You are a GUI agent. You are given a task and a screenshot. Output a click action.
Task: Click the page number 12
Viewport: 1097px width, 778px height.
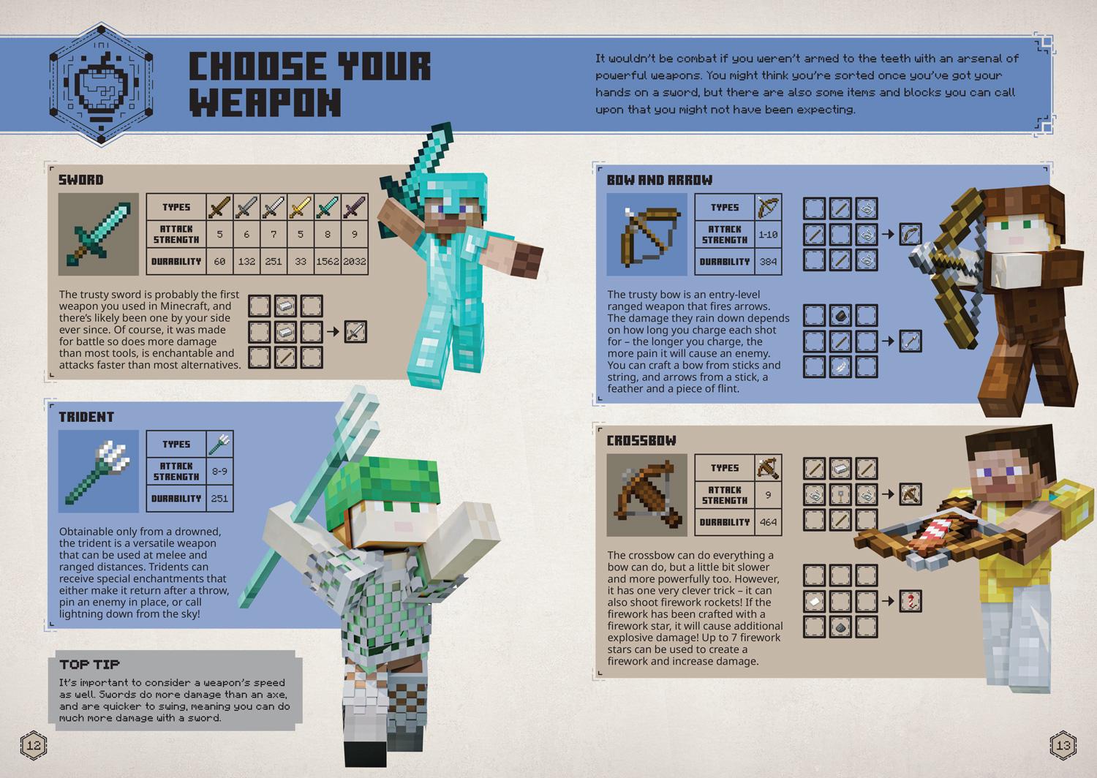[x=34, y=745]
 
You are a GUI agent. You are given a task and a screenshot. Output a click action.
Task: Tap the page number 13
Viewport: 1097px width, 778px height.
[x=1063, y=745]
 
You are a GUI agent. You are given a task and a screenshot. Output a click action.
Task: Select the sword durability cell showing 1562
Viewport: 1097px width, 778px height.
[x=328, y=261]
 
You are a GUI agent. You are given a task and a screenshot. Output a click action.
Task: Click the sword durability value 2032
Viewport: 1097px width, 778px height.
[x=355, y=261]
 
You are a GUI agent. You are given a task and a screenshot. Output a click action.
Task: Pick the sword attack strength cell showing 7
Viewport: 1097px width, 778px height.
[x=274, y=235]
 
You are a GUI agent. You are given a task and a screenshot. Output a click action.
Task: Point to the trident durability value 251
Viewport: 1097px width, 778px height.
[x=219, y=499]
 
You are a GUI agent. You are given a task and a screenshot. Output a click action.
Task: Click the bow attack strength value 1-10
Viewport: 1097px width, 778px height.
[x=768, y=235]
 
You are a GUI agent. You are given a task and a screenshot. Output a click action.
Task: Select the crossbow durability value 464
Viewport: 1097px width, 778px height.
[x=768, y=522]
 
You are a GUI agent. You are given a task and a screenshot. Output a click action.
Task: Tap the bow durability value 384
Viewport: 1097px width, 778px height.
[x=768, y=261]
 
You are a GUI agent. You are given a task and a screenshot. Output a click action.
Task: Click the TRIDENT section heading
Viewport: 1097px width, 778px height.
[x=86, y=417]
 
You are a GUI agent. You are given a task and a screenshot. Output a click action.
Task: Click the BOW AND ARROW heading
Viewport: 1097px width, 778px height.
[x=659, y=180]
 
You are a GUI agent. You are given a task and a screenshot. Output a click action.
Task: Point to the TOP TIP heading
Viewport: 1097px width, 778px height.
[x=89, y=665]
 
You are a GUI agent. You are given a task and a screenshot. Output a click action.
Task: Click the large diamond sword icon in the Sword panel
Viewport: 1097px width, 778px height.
[x=98, y=234]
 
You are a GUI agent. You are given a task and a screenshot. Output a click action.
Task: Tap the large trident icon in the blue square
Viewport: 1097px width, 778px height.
[x=98, y=471]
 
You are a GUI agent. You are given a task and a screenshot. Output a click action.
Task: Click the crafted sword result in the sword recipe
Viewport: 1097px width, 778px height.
[x=355, y=332]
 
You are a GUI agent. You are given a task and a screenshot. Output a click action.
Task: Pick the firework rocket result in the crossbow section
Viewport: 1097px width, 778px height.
[x=910, y=601]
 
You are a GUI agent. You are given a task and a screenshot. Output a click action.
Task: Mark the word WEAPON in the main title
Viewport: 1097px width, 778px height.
[x=265, y=102]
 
